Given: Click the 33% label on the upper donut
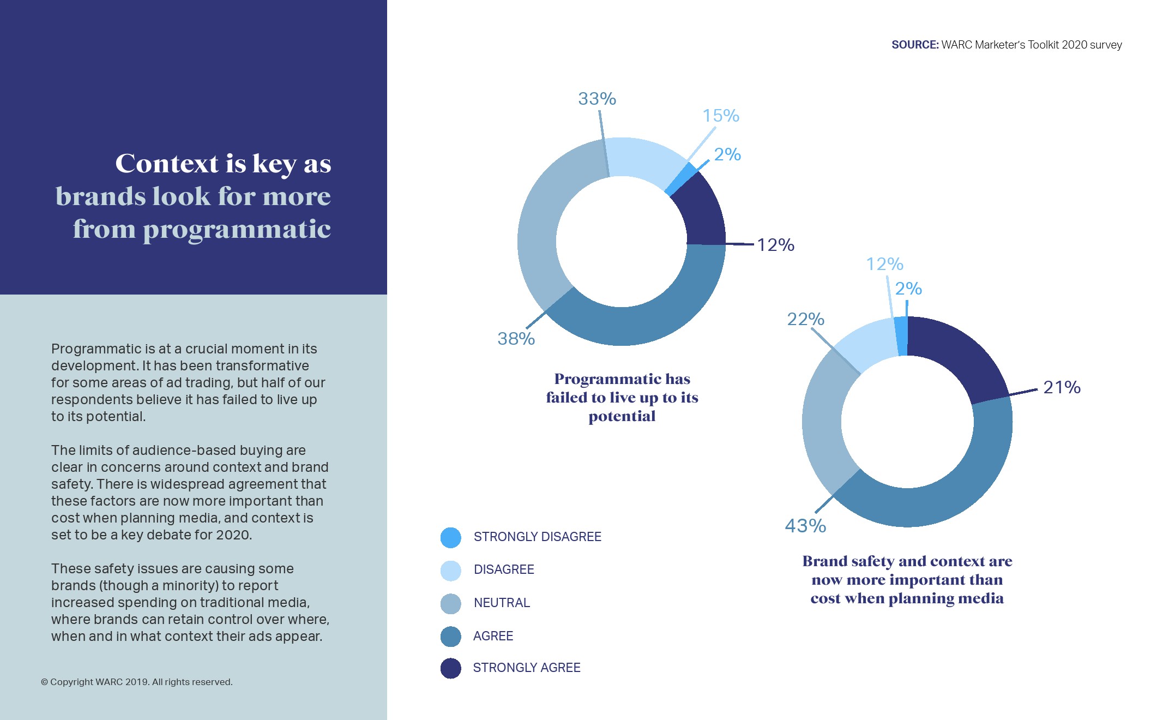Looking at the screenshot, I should click(x=597, y=99).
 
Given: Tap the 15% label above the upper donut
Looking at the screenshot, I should click(x=720, y=116).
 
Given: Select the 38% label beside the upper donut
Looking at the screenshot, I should click(x=516, y=339).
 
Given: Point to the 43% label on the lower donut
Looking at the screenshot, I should click(x=805, y=526).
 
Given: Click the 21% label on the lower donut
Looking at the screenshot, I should click(x=1062, y=387).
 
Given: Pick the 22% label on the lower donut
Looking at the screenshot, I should click(x=805, y=319).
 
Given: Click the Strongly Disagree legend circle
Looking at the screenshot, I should click(x=451, y=537).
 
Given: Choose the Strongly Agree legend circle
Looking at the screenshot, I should click(x=451, y=668).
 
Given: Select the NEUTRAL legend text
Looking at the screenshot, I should click(x=502, y=603).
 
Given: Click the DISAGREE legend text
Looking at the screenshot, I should click(x=504, y=569).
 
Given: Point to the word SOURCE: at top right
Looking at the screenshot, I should click(x=915, y=45).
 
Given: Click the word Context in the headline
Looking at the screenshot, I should click(x=167, y=164).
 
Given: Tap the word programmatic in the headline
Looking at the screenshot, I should click(x=237, y=229).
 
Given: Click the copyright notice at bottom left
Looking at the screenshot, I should click(x=137, y=682).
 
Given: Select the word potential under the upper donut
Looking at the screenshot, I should click(x=622, y=416).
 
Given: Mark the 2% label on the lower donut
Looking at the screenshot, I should click(x=908, y=289).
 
